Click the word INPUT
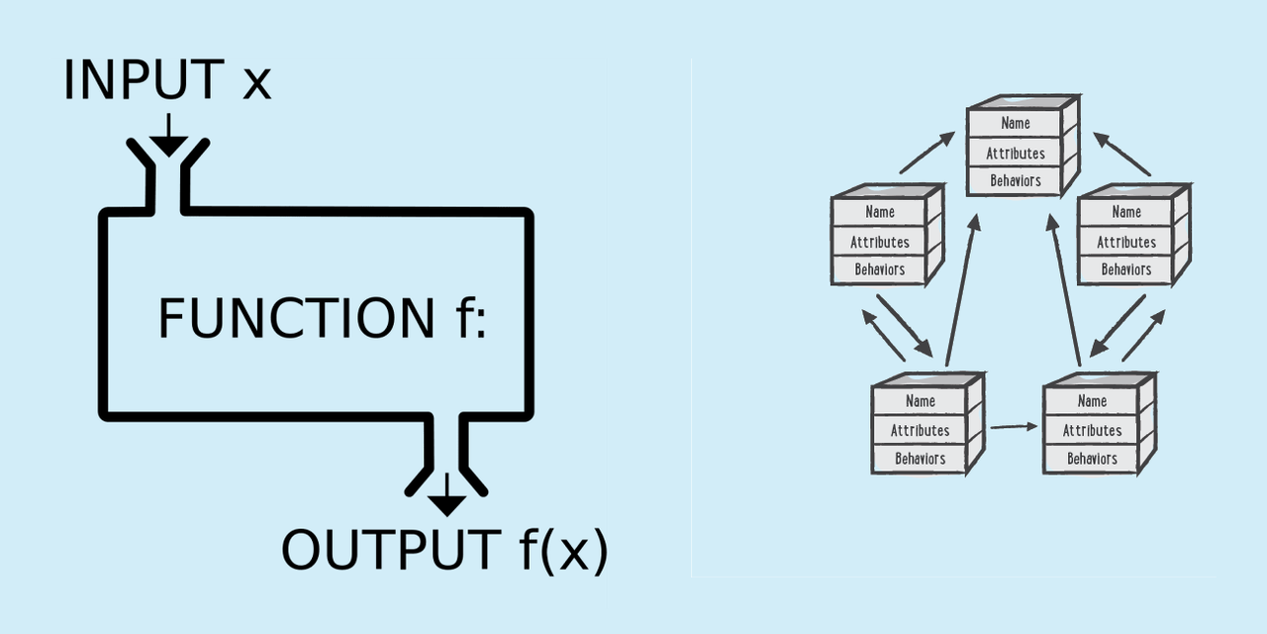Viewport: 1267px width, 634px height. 145,80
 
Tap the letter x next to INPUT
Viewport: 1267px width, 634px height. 256,83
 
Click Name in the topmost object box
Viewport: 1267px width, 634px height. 1016,123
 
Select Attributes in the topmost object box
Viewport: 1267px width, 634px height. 1016,154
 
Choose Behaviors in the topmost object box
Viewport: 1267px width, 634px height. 1016,181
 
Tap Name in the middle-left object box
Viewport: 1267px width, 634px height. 880,212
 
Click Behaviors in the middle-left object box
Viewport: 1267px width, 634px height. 880,269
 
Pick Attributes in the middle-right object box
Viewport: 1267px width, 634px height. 1126,242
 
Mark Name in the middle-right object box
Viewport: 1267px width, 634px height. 1126,212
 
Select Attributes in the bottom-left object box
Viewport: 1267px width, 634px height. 921,430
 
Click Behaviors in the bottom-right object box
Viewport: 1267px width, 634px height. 1092,459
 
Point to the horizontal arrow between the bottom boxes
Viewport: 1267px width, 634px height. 1014,427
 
